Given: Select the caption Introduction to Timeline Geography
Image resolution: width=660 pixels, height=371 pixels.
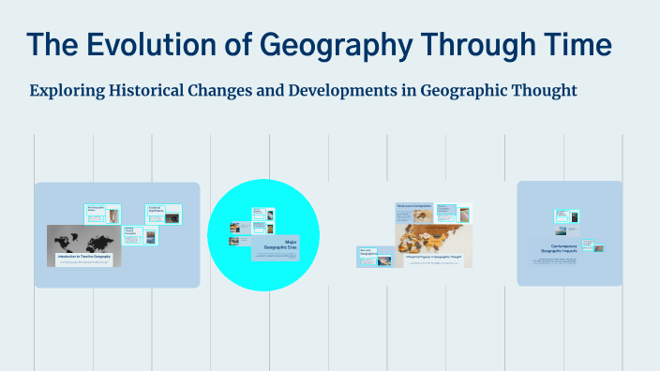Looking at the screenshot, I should (84, 257).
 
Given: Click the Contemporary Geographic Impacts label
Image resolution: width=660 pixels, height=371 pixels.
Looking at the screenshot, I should (569, 250).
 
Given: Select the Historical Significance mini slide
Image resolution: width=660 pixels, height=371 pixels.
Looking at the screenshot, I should (163, 215).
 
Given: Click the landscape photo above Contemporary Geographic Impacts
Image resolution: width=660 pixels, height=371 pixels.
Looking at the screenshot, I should (565, 230).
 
